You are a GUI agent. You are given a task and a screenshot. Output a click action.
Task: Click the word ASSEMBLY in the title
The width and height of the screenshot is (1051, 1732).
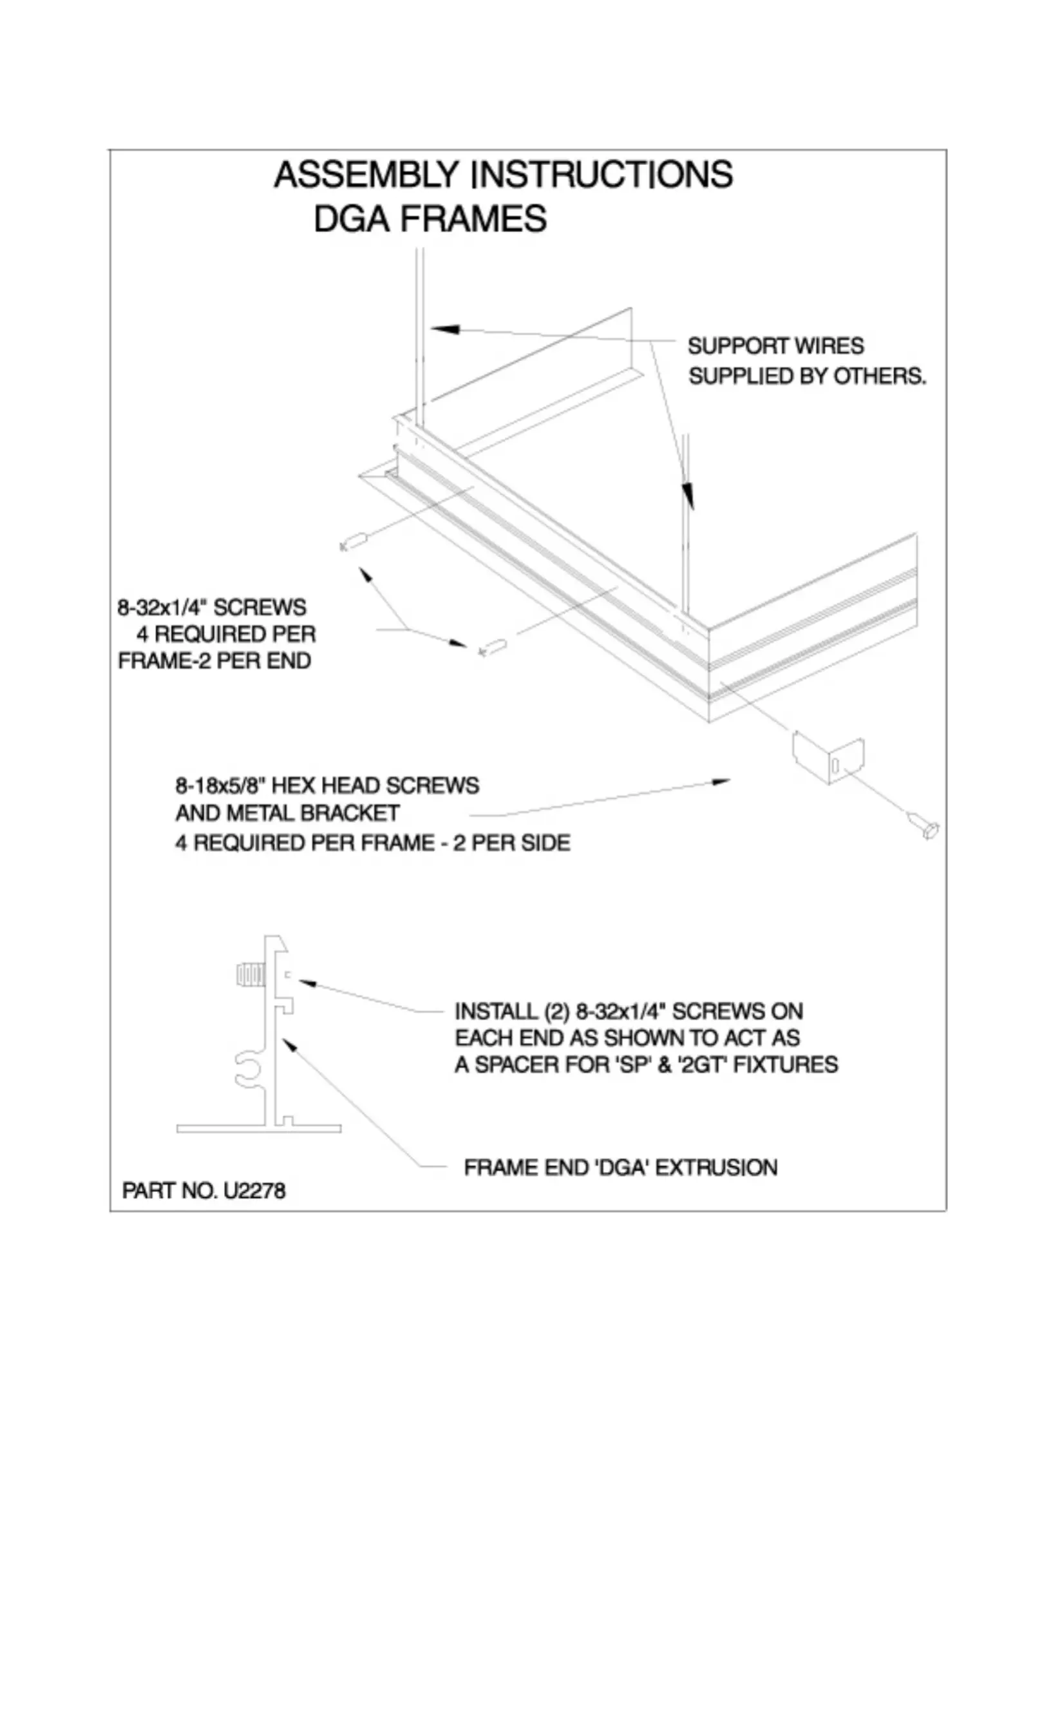[x=366, y=175]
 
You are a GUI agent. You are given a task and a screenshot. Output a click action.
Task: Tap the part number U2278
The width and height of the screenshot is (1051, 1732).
[x=254, y=1191]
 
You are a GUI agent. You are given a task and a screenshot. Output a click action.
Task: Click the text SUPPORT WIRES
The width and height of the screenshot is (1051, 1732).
[x=775, y=346]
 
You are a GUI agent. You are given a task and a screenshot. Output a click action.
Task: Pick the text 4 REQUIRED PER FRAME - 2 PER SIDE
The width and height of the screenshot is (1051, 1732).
[x=372, y=842]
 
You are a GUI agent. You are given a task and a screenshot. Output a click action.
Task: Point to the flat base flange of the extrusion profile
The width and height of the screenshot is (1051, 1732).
[x=258, y=1128]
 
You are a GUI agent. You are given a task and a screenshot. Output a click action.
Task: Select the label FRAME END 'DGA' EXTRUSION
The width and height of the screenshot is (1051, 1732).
[x=620, y=1168]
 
